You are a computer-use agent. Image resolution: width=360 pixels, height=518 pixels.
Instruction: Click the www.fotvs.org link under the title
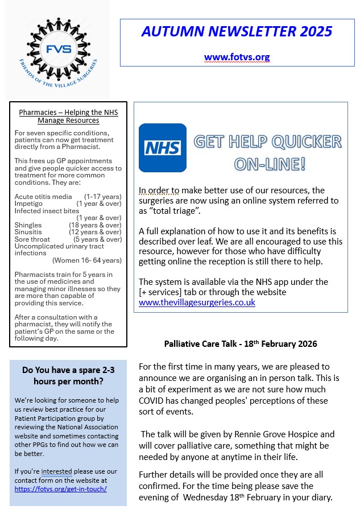[237, 57]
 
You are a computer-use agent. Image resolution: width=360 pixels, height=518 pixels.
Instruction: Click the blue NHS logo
[162, 148]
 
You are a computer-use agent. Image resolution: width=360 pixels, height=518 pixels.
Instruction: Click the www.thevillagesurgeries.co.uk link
[197, 302]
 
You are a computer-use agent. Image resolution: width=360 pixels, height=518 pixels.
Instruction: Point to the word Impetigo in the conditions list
[28, 204]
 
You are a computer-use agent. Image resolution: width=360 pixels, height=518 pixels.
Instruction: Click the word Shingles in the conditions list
[28, 225]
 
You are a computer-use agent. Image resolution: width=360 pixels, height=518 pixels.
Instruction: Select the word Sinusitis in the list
[28, 232]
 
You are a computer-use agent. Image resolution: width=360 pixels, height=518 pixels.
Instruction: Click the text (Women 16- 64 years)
[86, 260]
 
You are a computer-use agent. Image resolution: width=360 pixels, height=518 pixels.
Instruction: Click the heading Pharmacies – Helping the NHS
[68, 112]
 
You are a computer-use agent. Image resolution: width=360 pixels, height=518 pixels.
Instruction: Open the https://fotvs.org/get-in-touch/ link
[61, 488]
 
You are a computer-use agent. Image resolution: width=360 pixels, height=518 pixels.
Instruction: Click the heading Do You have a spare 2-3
[68, 370]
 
